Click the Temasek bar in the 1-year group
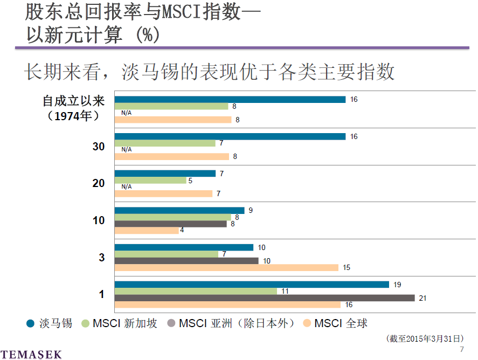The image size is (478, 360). point(252,285)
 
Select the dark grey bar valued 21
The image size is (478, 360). point(264,298)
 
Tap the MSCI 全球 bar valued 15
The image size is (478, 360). point(226,268)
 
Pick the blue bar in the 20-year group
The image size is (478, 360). point(165,174)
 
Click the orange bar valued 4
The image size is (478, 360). point(147,231)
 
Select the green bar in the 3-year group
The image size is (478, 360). point(167,254)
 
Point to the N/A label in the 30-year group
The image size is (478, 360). point(127,149)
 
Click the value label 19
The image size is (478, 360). point(397,285)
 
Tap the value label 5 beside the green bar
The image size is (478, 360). point(190,181)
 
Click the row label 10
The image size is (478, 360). point(99,220)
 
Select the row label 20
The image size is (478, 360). point(99,183)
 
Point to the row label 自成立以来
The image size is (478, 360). point(74,101)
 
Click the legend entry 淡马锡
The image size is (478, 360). point(56,323)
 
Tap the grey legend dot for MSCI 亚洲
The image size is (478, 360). point(171,323)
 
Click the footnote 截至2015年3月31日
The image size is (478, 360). point(425,338)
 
